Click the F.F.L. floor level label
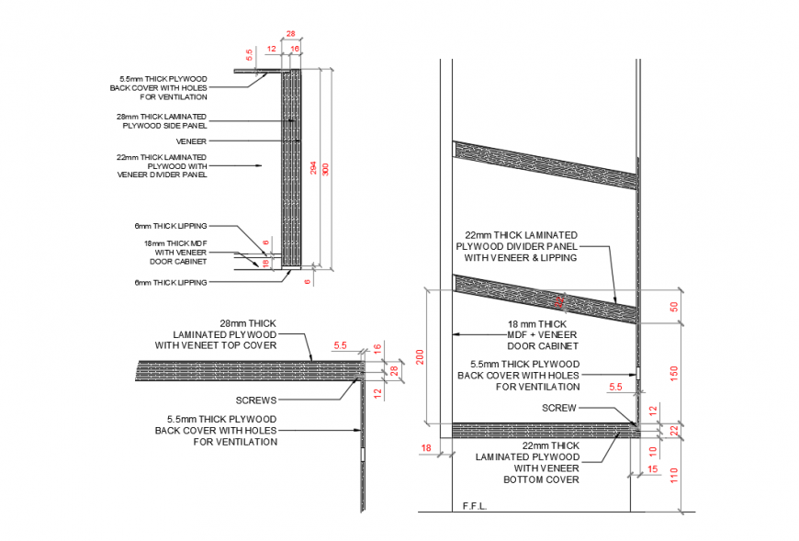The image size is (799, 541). coord(475,505)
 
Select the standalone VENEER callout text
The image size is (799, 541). coord(192,141)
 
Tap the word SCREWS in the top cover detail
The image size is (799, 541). coord(255,400)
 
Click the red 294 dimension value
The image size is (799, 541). coord(312,169)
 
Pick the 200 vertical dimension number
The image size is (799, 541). coord(421,356)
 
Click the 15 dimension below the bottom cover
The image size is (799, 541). coord(653,470)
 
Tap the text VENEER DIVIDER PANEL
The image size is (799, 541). coord(162,175)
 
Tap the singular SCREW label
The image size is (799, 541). coord(558,408)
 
